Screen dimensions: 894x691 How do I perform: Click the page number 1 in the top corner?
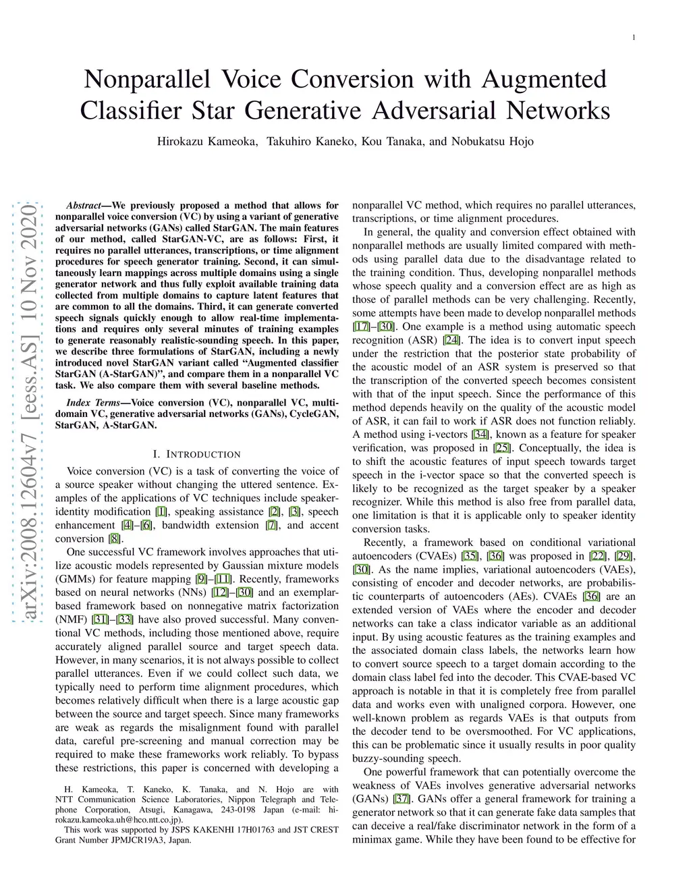click(x=635, y=38)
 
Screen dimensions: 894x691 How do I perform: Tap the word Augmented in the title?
click(x=545, y=80)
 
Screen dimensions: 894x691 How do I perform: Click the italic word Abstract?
click(x=83, y=205)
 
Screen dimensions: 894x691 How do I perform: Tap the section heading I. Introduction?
click(x=197, y=454)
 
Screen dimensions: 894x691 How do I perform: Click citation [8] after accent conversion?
click(x=115, y=538)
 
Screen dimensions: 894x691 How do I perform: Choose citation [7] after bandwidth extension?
click(x=272, y=525)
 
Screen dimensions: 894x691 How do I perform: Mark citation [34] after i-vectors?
click(x=480, y=435)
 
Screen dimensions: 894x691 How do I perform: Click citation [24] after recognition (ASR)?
click(x=451, y=340)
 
